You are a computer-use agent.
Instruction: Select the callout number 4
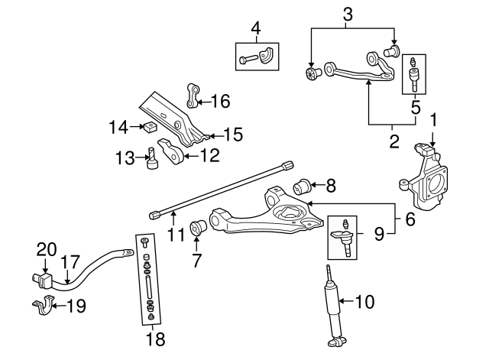(x=256, y=31)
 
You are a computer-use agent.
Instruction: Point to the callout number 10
(x=365, y=302)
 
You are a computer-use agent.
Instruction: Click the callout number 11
(x=176, y=234)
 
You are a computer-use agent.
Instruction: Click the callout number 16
(x=219, y=100)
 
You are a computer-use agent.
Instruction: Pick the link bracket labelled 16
(x=192, y=96)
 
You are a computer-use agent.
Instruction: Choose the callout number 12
(x=209, y=156)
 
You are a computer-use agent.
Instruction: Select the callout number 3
(x=348, y=13)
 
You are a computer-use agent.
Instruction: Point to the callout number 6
(x=411, y=220)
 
